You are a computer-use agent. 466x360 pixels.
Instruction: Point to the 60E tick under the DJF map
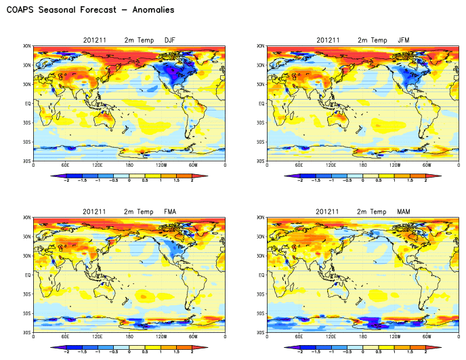click(x=65, y=165)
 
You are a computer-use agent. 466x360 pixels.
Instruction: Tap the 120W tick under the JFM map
click(x=395, y=165)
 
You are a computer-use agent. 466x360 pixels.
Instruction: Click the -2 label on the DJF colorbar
click(x=66, y=181)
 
